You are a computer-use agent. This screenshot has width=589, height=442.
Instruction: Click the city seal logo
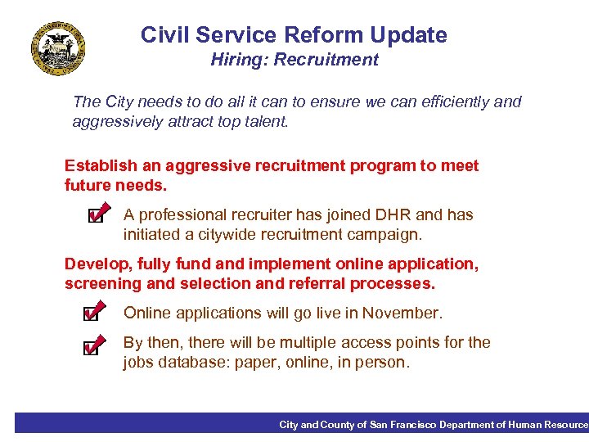coord(58,49)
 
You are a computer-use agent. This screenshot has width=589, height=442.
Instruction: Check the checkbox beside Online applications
coord(92,313)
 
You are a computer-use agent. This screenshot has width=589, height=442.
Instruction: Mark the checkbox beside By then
coord(92,347)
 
